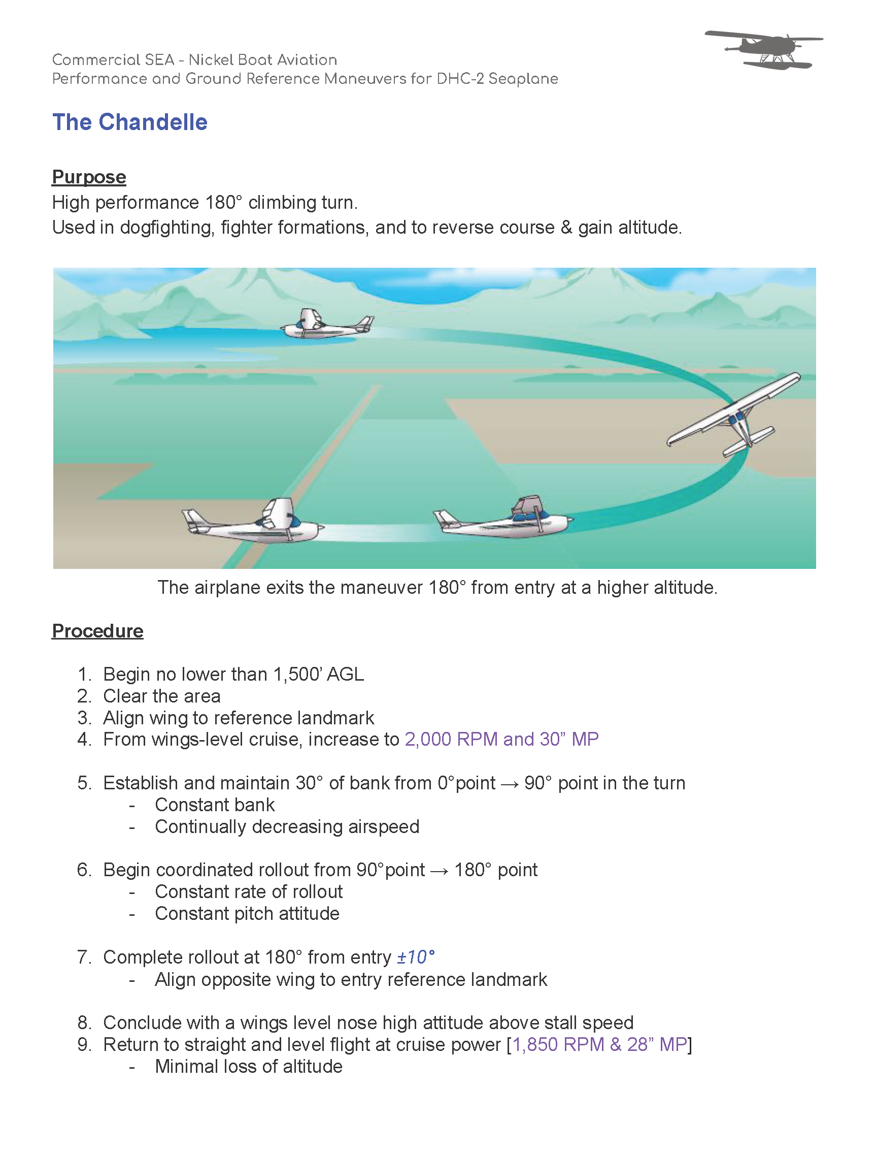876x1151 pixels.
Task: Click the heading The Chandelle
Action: pos(130,122)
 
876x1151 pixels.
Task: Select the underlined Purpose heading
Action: pos(89,177)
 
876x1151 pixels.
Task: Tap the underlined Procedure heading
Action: pos(97,631)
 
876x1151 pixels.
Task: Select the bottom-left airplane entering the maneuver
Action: pos(253,523)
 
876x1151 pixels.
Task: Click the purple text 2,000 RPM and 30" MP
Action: pos(501,740)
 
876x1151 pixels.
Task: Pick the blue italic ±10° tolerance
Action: pos(416,957)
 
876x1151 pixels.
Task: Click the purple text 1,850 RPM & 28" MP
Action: pos(599,1044)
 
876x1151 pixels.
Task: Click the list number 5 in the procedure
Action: pos(83,783)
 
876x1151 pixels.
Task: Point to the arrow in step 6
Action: pos(439,870)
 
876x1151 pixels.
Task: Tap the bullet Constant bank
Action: pos(214,805)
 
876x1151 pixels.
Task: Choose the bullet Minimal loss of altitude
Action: pos(248,1067)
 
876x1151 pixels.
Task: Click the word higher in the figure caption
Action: pos(623,588)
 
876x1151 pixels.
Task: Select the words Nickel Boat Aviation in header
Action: pos(262,60)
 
